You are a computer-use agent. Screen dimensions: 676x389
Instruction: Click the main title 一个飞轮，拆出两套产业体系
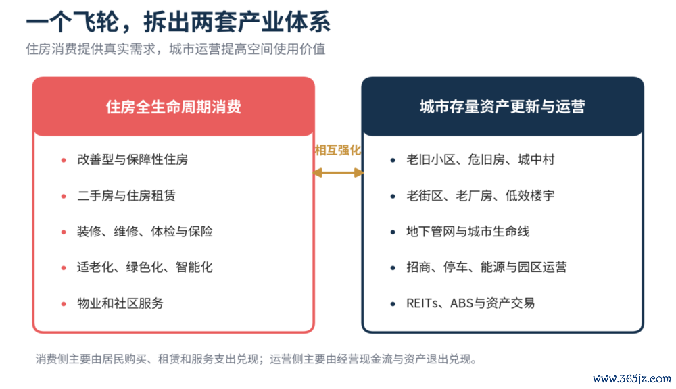(178, 22)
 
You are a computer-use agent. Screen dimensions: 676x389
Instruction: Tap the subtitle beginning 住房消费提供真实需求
(176, 49)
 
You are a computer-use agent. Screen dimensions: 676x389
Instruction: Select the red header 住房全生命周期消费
(173, 107)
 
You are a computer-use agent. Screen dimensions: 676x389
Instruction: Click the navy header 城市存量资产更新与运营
(502, 107)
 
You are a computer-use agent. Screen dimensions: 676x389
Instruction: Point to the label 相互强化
(337, 151)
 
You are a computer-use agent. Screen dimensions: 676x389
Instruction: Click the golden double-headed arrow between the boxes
(338, 173)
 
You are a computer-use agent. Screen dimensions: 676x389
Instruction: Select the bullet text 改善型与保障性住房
(132, 160)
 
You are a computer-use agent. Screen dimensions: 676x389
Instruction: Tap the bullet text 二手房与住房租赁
(126, 196)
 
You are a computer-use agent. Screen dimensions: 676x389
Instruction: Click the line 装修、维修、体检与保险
(145, 232)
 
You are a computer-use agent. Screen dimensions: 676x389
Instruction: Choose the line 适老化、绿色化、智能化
(145, 267)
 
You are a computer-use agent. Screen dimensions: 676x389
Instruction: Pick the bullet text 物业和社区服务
(120, 303)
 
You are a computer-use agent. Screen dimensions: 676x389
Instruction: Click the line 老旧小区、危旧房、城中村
(480, 160)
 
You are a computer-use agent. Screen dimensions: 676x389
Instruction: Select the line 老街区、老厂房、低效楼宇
(480, 196)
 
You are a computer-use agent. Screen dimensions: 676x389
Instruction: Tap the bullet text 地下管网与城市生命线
(468, 232)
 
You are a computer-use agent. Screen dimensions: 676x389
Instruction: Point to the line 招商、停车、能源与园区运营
(486, 267)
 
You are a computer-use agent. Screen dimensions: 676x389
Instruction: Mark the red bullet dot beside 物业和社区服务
(64, 304)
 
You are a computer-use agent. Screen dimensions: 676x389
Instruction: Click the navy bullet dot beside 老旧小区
(393, 160)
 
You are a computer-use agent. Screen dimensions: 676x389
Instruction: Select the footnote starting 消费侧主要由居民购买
(256, 359)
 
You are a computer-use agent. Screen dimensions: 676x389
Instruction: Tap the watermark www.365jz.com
(632, 379)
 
